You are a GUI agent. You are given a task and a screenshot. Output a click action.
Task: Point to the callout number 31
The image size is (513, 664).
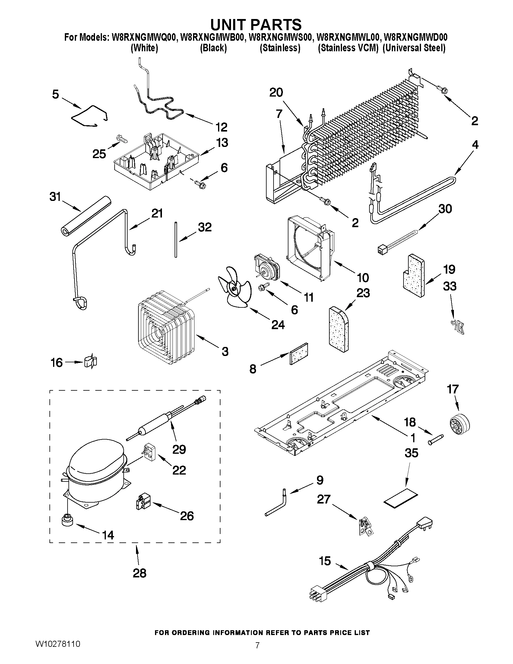tap(55, 197)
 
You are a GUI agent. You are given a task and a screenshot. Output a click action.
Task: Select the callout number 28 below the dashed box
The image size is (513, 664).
tap(140, 573)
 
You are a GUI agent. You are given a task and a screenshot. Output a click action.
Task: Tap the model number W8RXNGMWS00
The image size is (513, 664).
tap(280, 37)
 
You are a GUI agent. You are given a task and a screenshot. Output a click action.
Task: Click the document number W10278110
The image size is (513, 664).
tap(58, 644)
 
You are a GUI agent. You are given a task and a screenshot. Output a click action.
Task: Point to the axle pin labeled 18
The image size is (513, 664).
tap(436, 440)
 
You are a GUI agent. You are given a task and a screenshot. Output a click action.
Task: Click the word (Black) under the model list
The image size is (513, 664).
tap(213, 48)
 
